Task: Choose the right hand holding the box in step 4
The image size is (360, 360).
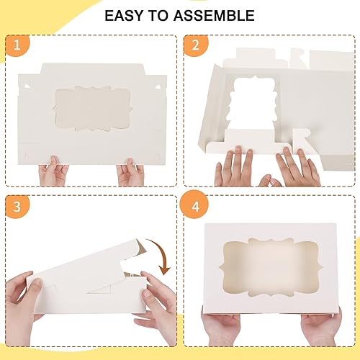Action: [x=320, y=328]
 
